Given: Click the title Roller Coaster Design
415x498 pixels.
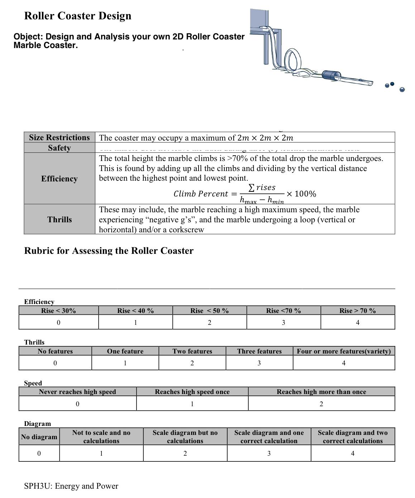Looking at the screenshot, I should coord(78,16).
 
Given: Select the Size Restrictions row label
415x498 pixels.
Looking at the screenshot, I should coord(59,138).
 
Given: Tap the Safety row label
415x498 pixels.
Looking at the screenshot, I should coord(59,148).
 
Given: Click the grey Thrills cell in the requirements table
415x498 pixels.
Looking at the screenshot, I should coord(59,219).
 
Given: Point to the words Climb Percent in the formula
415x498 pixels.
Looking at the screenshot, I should coord(201,194).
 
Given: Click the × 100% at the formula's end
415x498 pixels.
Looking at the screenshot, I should coord(301,194).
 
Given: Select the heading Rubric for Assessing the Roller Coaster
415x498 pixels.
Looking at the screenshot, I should coord(109,251).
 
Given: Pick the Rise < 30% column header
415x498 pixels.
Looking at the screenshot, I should coord(58,310).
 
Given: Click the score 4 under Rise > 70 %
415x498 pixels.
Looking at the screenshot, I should coord(357,322).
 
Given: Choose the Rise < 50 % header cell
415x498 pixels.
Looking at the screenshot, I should coord(209,310).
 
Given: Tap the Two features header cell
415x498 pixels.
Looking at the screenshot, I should coord(192,351).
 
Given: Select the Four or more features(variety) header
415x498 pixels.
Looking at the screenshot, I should coord(344,351).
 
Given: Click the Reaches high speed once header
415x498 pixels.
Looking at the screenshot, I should coord(192,392).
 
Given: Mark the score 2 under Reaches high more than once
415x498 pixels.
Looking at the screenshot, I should coord(321,404).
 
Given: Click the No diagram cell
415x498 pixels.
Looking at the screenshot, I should coord(39,437).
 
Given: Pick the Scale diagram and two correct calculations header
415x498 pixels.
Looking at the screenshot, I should coord(353,437).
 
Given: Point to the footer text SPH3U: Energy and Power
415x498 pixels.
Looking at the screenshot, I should coord(71,486).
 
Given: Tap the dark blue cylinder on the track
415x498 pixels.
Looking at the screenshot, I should coord(331,75).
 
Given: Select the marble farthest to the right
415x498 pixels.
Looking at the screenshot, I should coord(402,89).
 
